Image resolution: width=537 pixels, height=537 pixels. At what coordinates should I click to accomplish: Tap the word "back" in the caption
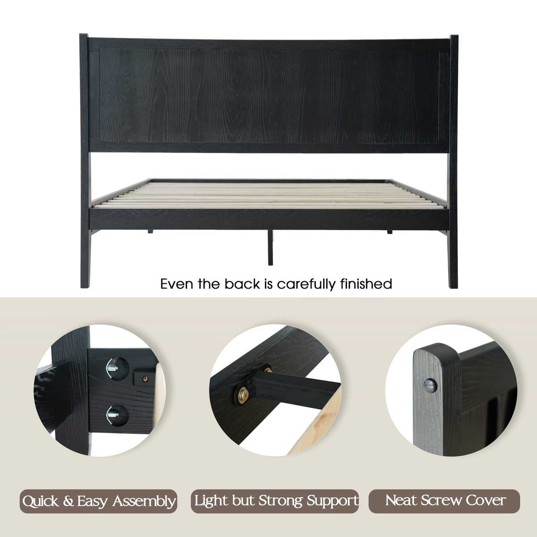242,284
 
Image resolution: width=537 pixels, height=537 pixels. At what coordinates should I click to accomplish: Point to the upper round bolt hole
117,368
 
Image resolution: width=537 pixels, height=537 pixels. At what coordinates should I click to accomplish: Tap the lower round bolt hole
117,415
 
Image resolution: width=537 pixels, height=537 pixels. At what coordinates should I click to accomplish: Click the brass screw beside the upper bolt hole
145,379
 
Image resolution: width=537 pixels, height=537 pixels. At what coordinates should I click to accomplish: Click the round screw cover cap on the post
430,386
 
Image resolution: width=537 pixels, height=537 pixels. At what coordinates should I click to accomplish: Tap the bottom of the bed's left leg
85,286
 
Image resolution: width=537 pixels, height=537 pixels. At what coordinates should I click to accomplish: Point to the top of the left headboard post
84,35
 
